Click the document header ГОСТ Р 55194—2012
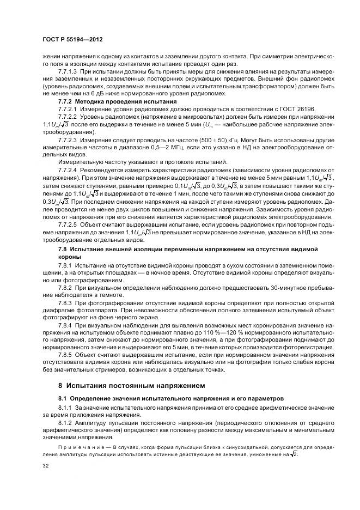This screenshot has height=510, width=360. pyautogui.click(x=72, y=41)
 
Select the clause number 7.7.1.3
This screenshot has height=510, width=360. pyautogui.click(x=68, y=72)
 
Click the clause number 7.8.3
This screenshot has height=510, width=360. pyautogui.click(x=65, y=301)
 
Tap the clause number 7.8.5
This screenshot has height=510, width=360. pyautogui.click(x=65, y=354)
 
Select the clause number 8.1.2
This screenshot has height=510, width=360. pyautogui.click(x=65, y=422)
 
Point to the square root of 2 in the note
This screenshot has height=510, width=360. pyautogui.click(x=295, y=454)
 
